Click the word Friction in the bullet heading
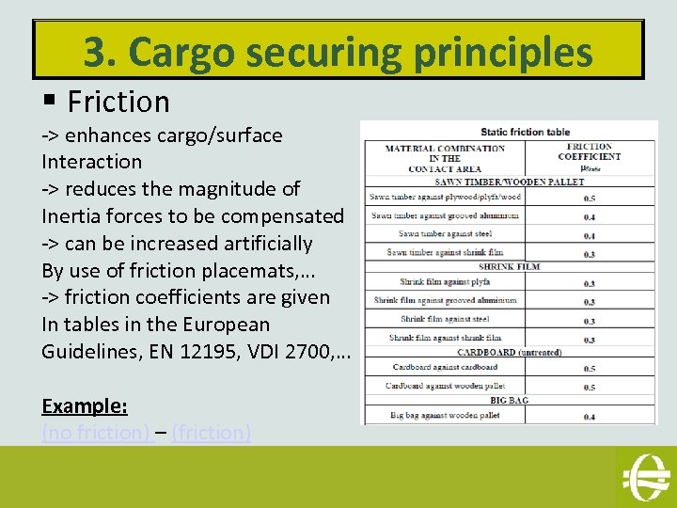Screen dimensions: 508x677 118,101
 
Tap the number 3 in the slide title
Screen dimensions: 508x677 94,53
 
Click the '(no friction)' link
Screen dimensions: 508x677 96,433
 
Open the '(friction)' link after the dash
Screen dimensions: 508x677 211,433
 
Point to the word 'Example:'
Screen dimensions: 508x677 85,406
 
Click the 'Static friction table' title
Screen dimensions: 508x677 526,132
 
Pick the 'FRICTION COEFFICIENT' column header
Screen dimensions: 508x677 590,151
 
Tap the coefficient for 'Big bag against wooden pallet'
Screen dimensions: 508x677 590,416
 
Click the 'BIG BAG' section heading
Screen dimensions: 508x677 510,401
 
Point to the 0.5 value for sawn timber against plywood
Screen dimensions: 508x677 590,198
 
